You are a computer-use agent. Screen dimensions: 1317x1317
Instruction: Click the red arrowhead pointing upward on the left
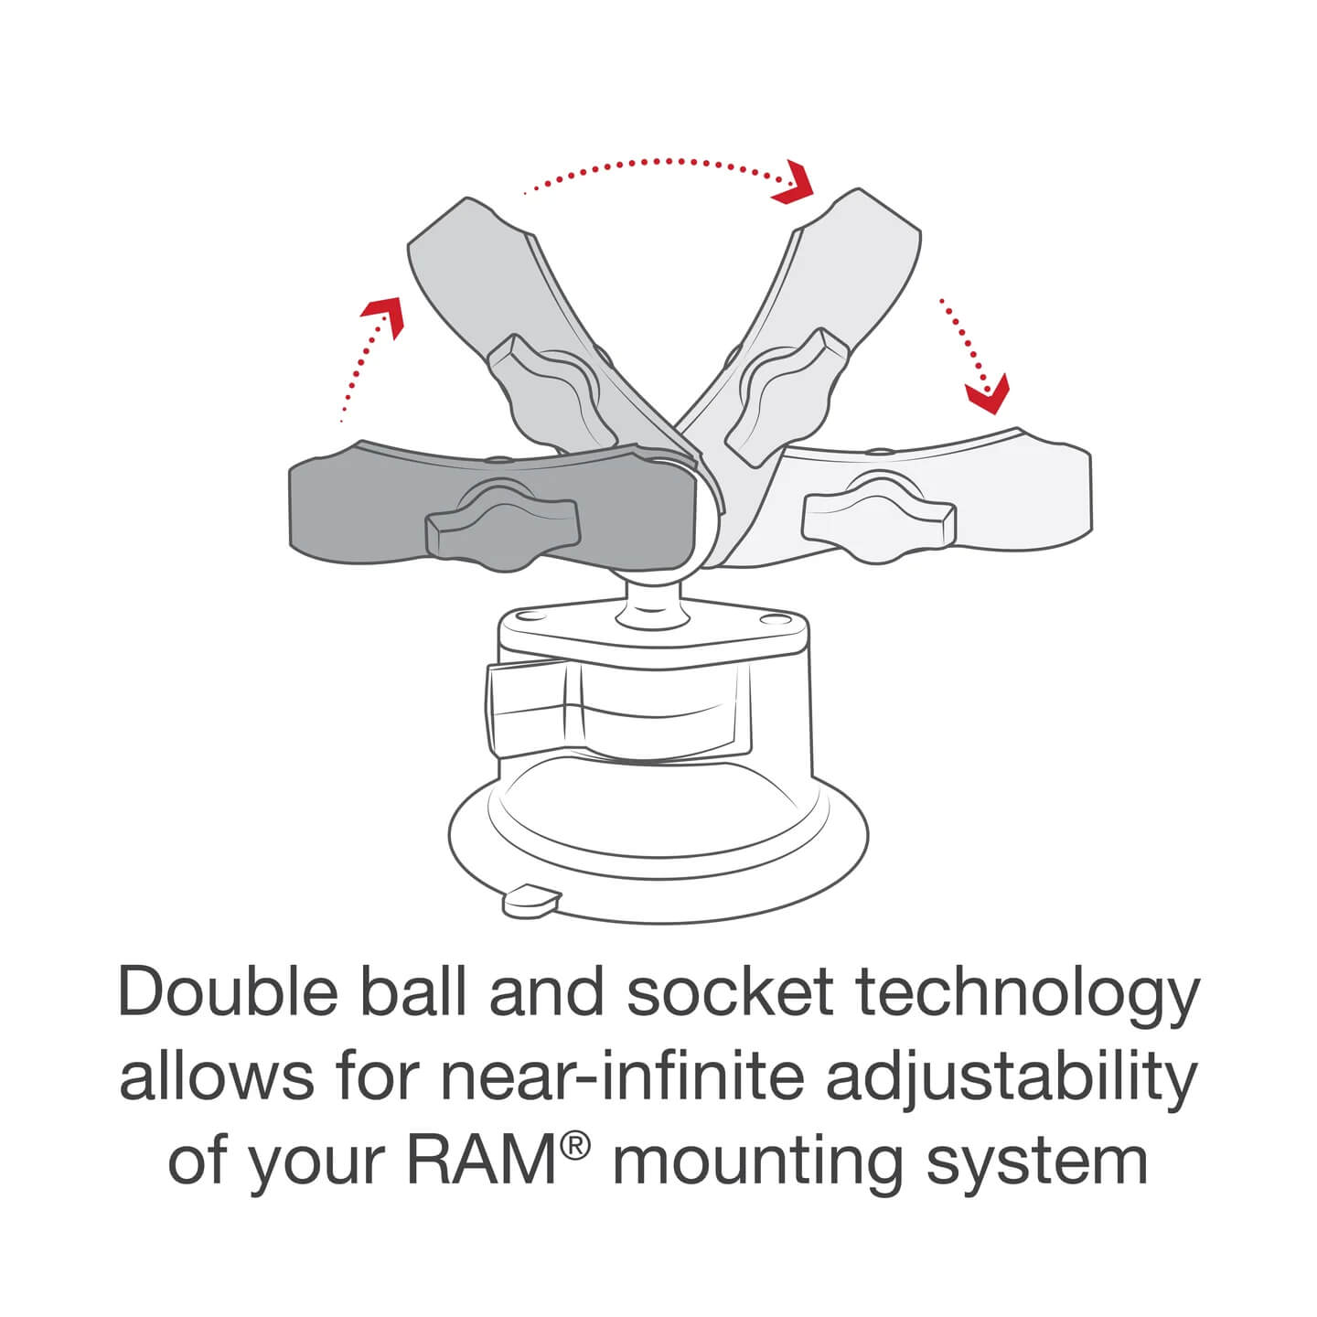click(x=384, y=314)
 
